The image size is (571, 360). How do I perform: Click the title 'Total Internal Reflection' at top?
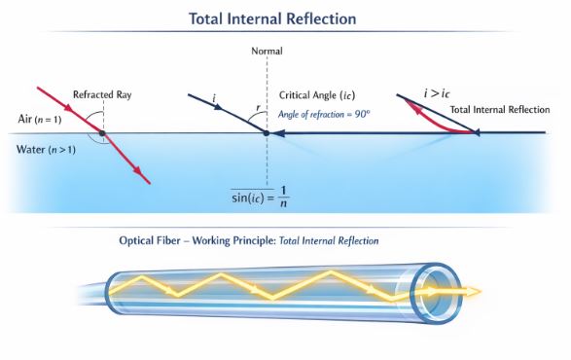point(286,18)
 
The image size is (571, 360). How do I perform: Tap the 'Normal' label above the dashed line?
point(267,50)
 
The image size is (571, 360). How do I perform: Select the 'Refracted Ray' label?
point(102,94)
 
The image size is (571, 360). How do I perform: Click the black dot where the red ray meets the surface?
point(102,132)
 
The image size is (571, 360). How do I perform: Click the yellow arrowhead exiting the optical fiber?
point(474,290)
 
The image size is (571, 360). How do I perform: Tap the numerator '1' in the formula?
point(283,186)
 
